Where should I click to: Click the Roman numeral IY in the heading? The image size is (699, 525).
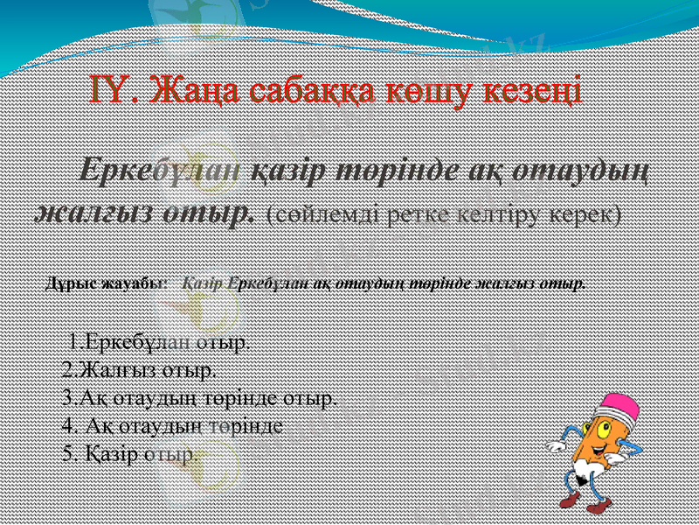tap(113, 88)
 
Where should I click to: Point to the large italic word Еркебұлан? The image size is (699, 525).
tap(159, 171)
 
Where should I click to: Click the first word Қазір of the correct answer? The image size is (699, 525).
tap(204, 284)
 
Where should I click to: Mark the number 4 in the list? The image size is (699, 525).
tap(69, 426)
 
